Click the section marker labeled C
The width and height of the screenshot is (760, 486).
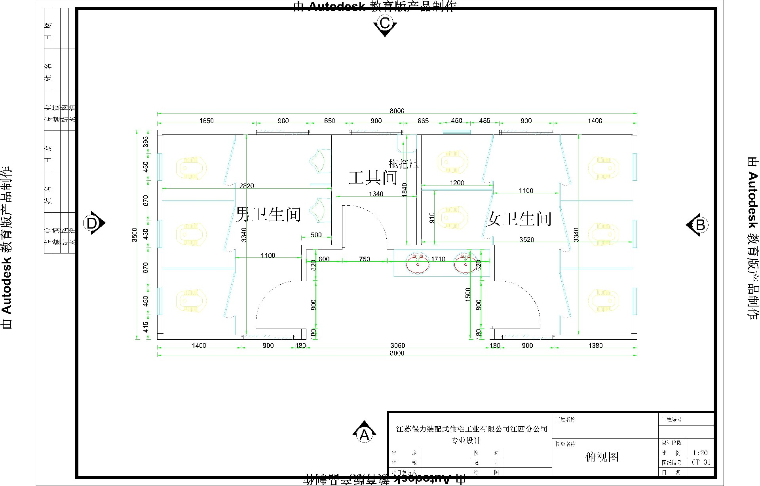pyautogui.click(x=385, y=24)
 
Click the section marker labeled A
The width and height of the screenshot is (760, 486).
pyautogui.click(x=364, y=434)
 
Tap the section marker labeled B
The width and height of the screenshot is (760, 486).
pyautogui.click(x=699, y=225)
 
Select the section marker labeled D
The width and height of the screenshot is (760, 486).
pyautogui.click(x=92, y=224)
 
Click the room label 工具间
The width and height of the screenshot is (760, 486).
pyautogui.click(x=372, y=178)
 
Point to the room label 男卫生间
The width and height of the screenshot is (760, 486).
pyautogui.click(x=268, y=215)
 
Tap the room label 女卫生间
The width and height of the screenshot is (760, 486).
pyautogui.click(x=519, y=218)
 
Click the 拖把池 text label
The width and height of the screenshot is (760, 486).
pyautogui.click(x=403, y=163)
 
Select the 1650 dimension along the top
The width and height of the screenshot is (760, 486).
pyautogui.click(x=206, y=121)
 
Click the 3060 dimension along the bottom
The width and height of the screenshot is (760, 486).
pyautogui.click(x=397, y=345)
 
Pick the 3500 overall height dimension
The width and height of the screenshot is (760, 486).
pyautogui.click(x=135, y=234)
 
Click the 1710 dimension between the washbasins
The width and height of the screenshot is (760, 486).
pyautogui.click(x=438, y=259)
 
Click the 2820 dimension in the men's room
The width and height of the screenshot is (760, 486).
pyautogui.click(x=247, y=186)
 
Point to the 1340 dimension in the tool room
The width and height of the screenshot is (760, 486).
pyautogui.click(x=376, y=194)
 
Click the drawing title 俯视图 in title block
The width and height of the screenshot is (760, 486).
pyautogui.click(x=602, y=457)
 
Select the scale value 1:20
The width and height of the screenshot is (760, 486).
pyautogui.click(x=701, y=453)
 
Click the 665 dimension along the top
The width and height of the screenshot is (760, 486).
pyautogui.click(x=423, y=121)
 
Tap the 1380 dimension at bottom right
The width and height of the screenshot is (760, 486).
pyautogui.click(x=595, y=345)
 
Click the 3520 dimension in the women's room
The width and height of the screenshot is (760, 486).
pyautogui.click(x=526, y=240)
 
